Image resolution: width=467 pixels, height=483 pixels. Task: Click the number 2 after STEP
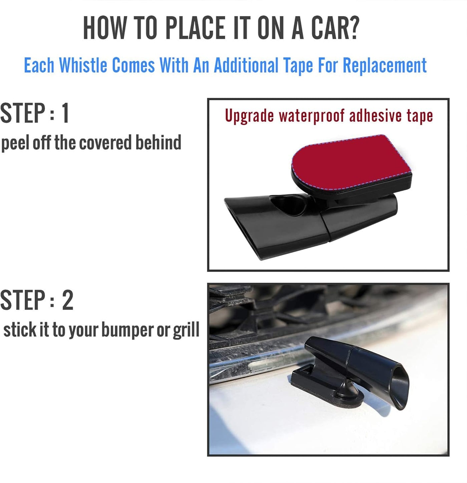coord(67,300)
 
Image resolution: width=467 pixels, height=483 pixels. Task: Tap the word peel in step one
coord(15,143)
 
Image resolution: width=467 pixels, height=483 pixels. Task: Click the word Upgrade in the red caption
coord(249,116)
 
